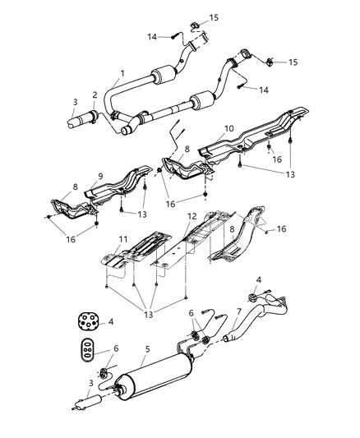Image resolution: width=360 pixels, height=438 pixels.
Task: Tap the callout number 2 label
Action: coord(95,95)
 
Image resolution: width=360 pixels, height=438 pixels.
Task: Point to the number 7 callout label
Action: coord(238,313)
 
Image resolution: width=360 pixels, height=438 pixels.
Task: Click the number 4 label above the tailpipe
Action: coord(258,280)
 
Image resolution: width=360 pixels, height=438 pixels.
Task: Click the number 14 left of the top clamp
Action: coord(151,36)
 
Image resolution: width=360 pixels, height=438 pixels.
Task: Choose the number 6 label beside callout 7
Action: coord(192,313)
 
